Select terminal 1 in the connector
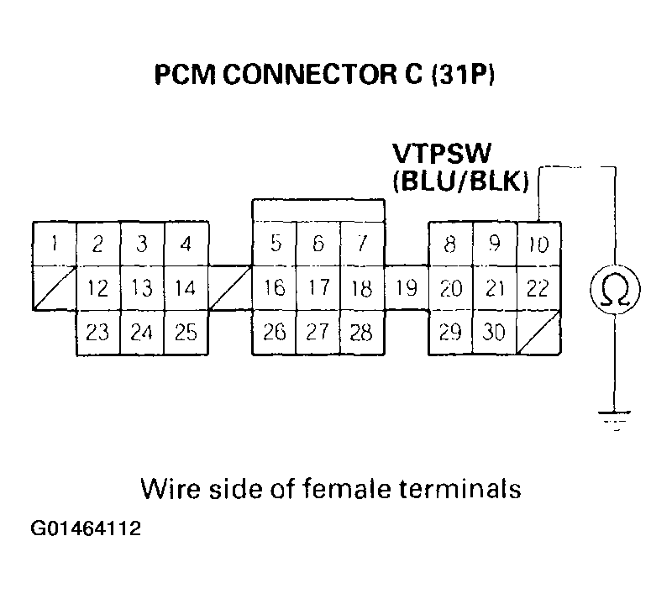(55, 244)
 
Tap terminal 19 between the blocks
(407, 289)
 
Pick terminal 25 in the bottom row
(186, 333)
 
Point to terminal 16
(275, 289)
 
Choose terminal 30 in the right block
(495, 333)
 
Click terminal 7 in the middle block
(362, 244)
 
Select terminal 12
(98, 289)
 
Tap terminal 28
(362, 333)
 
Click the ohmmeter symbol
(616, 289)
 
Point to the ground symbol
(616, 418)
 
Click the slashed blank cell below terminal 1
(55, 288)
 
